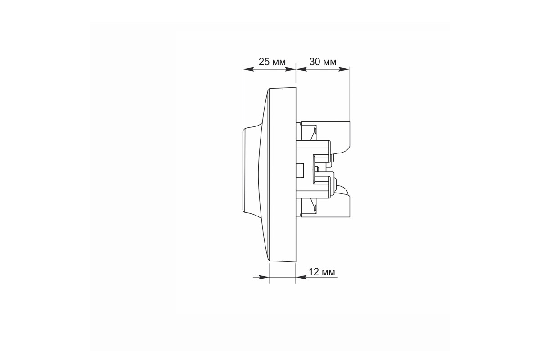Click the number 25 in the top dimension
point(265,62)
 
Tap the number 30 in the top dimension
point(315,62)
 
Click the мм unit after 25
point(279,63)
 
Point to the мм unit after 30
point(329,63)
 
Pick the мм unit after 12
point(328,273)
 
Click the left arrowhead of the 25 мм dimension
point(248,69)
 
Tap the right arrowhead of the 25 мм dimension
point(290,69)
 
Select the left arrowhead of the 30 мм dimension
point(301,69)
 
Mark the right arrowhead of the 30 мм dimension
point(344,69)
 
